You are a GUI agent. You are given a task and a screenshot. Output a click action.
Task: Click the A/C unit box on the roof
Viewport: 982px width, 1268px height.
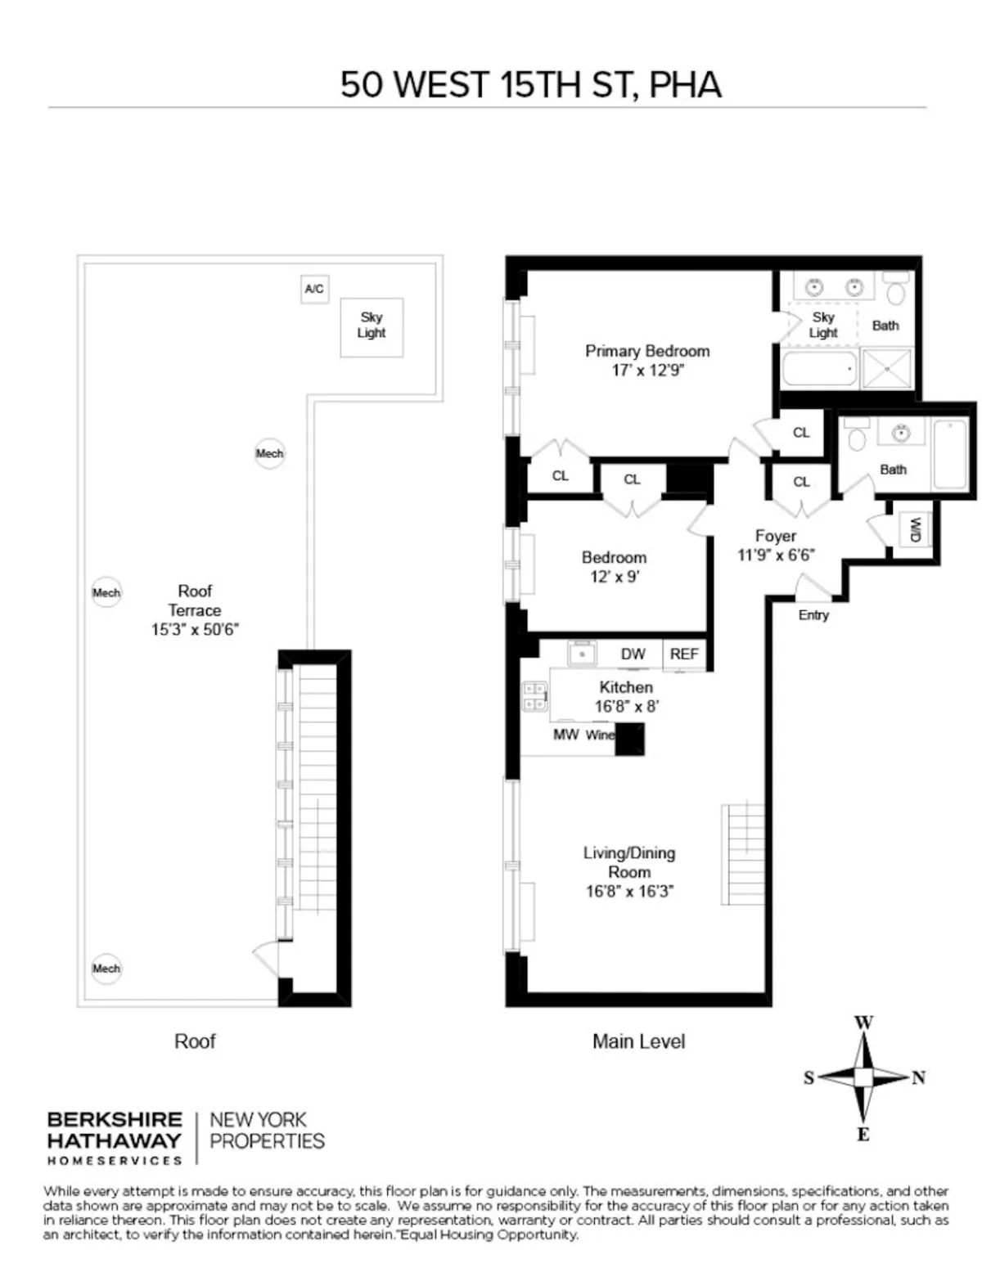pos(314,290)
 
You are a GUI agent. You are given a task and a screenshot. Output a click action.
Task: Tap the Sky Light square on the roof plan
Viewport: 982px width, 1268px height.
pos(372,326)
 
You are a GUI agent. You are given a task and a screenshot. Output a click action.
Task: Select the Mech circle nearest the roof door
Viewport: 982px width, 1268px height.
pos(106,969)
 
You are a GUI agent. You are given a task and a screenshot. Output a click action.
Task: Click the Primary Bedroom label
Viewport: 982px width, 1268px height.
pos(646,351)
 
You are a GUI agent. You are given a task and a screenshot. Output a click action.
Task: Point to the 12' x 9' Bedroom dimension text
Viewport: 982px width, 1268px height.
pos(614,577)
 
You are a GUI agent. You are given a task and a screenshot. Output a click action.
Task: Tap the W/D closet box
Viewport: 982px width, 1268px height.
pos(914,531)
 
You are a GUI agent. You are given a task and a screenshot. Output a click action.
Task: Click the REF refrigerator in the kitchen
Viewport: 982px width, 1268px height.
pos(684,654)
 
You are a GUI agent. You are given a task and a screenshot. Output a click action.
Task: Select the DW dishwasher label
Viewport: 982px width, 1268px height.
pos(633,654)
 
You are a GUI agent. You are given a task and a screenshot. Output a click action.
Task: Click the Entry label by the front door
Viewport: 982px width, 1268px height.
pos(813,615)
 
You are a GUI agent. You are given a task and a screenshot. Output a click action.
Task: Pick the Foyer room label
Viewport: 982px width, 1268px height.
pos(775,536)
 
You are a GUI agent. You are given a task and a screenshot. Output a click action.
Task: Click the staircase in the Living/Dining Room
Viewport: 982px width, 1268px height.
pos(743,855)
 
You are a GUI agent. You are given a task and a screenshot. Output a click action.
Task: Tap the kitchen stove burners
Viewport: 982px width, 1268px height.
pos(535,696)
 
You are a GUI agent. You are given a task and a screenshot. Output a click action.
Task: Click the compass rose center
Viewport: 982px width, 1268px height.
pos(863,1077)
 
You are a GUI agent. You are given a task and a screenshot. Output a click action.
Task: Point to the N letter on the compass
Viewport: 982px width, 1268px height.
pos(918,1078)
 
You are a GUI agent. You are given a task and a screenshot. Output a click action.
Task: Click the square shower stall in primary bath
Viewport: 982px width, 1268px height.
pos(886,369)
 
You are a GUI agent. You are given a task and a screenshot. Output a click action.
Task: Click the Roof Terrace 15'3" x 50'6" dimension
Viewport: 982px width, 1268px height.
pos(195,630)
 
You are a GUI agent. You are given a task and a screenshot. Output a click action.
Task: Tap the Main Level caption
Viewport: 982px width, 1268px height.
pos(638,1041)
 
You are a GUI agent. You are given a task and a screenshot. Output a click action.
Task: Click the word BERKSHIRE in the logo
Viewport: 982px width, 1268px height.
pos(115,1119)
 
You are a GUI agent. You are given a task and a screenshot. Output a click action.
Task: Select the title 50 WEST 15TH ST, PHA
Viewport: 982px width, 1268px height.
pos(530,85)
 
